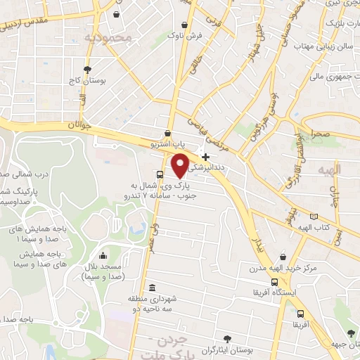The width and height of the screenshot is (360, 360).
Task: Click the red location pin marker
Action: point(181,165)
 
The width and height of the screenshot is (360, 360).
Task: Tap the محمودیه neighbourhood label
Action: point(108,37)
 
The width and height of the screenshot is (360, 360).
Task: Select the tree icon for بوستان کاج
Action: point(87,70)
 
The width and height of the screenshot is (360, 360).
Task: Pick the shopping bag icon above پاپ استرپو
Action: point(167,132)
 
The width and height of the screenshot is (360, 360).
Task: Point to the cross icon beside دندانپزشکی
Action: point(205,157)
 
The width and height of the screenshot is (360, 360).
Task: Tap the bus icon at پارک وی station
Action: point(160,174)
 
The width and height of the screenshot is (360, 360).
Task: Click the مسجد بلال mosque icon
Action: point(103,256)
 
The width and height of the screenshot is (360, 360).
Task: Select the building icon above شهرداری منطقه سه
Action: point(153,287)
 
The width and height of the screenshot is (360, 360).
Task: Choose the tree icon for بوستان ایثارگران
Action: point(226,338)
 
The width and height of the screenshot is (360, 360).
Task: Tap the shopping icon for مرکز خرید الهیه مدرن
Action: point(283,257)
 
